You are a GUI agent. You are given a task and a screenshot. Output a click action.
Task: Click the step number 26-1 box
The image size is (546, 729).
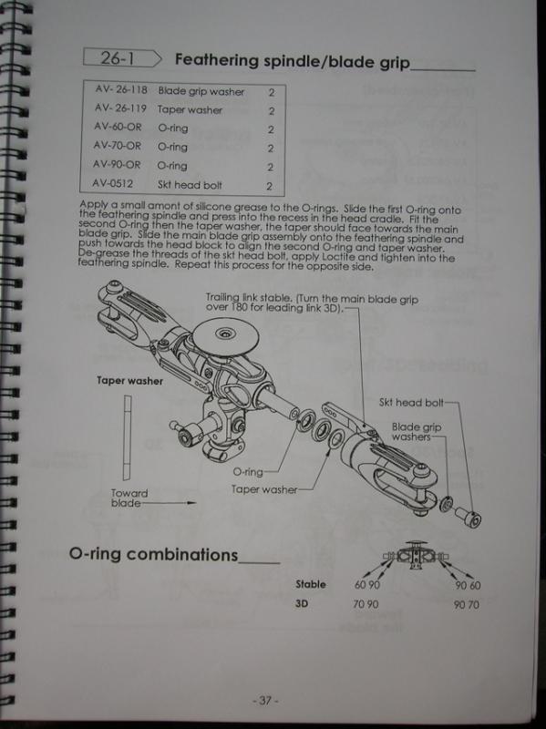[x=122, y=58]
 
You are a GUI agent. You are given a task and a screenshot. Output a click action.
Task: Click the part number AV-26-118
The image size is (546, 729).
[x=121, y=89]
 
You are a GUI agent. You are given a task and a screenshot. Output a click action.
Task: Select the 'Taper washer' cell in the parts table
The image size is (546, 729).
[x=190, y=109]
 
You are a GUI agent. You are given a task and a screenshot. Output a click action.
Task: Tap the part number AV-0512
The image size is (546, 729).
[x=112, y=183]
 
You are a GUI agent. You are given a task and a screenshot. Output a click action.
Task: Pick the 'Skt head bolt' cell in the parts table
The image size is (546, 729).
[x=190, y=185]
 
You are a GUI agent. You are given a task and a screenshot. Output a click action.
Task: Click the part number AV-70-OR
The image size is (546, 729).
[x=118, y=146]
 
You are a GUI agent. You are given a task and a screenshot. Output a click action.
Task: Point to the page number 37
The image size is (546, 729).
[x=265, y=700]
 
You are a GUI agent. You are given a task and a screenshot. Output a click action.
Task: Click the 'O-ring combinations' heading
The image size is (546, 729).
[x=153, y=554]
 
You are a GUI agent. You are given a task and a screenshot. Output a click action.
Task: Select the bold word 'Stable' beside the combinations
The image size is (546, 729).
[x=311, y=584]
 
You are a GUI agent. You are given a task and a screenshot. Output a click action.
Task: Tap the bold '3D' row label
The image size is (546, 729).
[x=302, y=603]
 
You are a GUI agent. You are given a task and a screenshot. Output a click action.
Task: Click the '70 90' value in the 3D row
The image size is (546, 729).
[x=366, y=604]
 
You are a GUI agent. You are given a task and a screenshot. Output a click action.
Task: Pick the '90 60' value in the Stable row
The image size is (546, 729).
[x=468, y=585]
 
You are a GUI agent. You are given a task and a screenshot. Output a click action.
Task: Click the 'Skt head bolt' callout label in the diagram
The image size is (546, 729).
[x=411, y=403]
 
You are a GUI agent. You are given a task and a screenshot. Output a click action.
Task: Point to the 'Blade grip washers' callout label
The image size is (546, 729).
[x=417, y=431]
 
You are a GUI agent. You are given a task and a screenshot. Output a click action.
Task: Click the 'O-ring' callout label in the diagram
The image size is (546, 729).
[x=248, y=472]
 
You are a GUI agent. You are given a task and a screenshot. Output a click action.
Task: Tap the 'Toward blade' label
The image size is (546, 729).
[x=129, y=498]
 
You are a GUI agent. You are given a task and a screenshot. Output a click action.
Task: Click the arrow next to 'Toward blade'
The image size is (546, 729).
[x=169, y=503]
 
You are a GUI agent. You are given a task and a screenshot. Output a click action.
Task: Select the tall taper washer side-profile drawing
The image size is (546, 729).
[x=127, y=438]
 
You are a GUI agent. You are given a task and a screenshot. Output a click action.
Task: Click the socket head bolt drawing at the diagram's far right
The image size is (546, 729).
[x=468, y=517]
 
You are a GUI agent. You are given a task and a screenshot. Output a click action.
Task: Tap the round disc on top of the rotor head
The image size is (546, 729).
[x=226, y=336]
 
